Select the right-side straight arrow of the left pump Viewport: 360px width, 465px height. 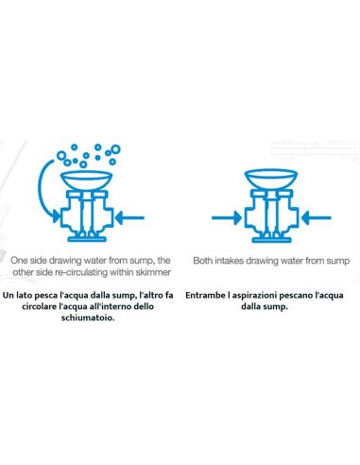coord(129,217)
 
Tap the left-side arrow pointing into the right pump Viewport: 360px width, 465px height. coord(227,217)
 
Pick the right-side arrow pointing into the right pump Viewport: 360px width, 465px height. coord(316,217)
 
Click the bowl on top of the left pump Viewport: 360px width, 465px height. coord(86,181)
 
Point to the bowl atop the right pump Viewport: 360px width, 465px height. coord(270,181)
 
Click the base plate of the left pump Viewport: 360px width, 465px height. coord(86,239)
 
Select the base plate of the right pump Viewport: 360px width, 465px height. coord(271,239)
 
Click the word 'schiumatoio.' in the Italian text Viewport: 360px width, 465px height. coord(88,318)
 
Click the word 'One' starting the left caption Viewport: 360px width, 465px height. coord(19,261)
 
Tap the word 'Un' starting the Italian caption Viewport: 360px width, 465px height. coord(9,296)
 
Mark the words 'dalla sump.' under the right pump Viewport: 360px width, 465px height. coord(265,306)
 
